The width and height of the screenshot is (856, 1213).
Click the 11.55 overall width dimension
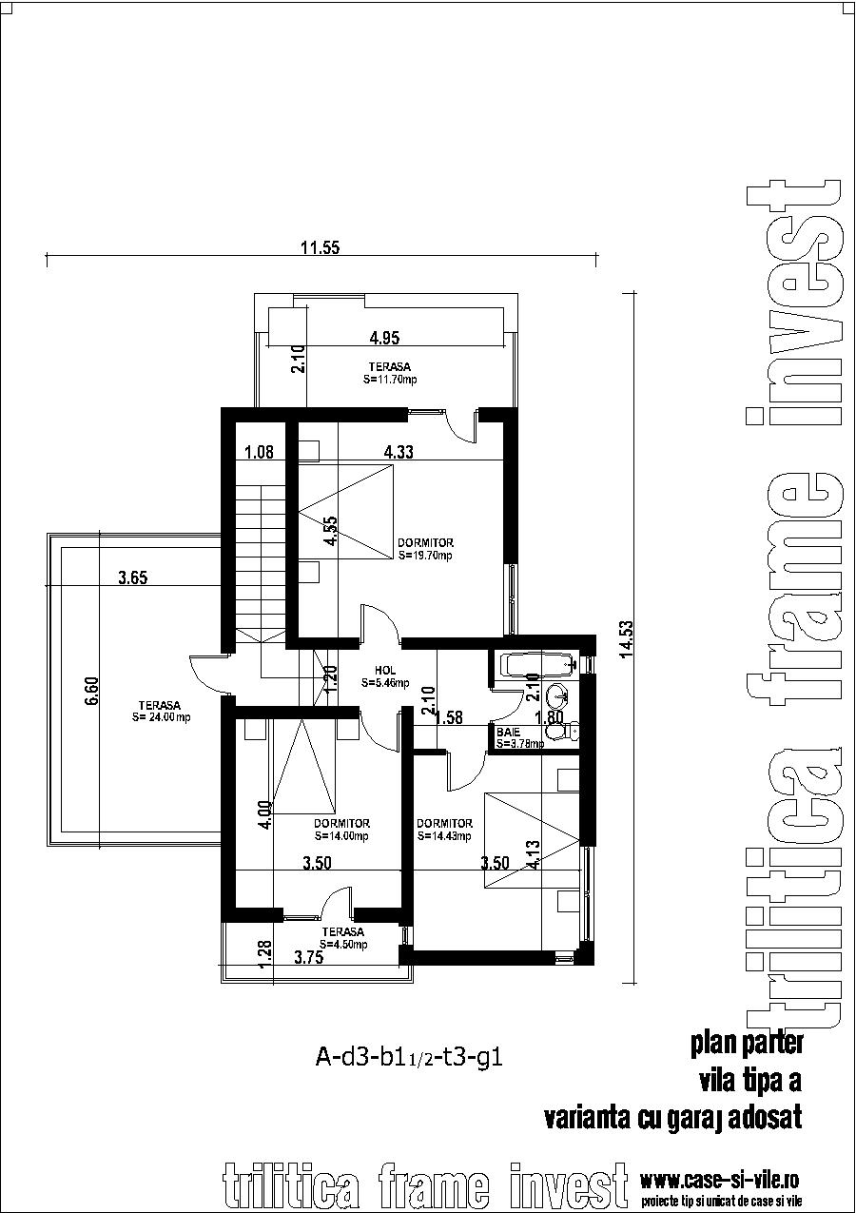click(321, 248)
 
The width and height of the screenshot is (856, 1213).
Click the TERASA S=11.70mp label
click(390, 372)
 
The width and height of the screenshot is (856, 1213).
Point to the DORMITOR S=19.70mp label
click(425, 549)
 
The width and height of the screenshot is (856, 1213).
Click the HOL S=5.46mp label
click(385, 676)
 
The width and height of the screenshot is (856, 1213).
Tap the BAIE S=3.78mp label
click(519, 737)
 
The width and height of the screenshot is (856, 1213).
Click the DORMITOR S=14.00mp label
click(341, 830)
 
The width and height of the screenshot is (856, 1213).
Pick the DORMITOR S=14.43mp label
click(444, 830)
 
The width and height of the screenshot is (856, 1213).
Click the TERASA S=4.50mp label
click(342, 938)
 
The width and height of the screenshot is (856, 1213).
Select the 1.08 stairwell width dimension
click(258, 453)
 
